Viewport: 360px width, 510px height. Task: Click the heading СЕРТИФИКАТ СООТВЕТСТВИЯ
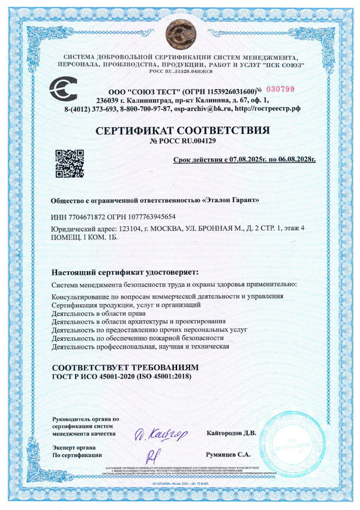pos(179,130)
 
